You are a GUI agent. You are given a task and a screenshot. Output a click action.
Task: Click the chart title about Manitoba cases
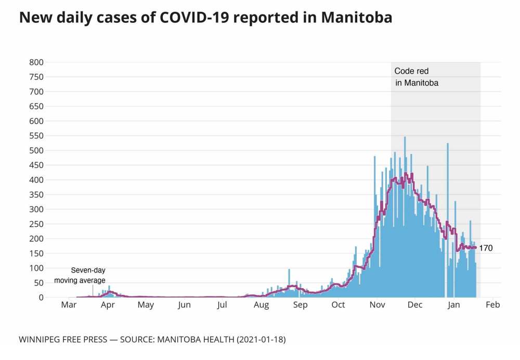pyautogui.click(x=205, y=18)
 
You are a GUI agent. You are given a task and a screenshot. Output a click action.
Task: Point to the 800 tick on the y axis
pyautogui.click(x=36, y=62)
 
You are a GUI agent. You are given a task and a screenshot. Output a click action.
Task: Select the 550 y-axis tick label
pyautogui.click(x=36, y=136)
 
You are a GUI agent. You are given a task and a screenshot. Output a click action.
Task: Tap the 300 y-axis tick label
pyautogui.click(x=36, y=209)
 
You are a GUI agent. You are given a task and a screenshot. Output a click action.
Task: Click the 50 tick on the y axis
pyautogui.click(x=38, y=282)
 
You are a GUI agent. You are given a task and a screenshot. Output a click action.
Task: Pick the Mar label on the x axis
pyautogui.click(x=69, y=305)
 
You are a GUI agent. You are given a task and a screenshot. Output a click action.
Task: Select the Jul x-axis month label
pyautogui.click(x=222, y=305)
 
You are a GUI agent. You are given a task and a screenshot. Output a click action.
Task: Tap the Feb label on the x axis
pyautogui.click(x=493, y=305)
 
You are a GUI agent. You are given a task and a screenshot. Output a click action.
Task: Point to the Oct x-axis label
pyautogui.click(x=338, y=305)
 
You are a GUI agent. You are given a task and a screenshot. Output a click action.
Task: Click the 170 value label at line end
pyautogui.click(x=486, y=248)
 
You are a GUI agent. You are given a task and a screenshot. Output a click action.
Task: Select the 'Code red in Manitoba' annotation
pyautogui.click(x=417, y=76)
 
